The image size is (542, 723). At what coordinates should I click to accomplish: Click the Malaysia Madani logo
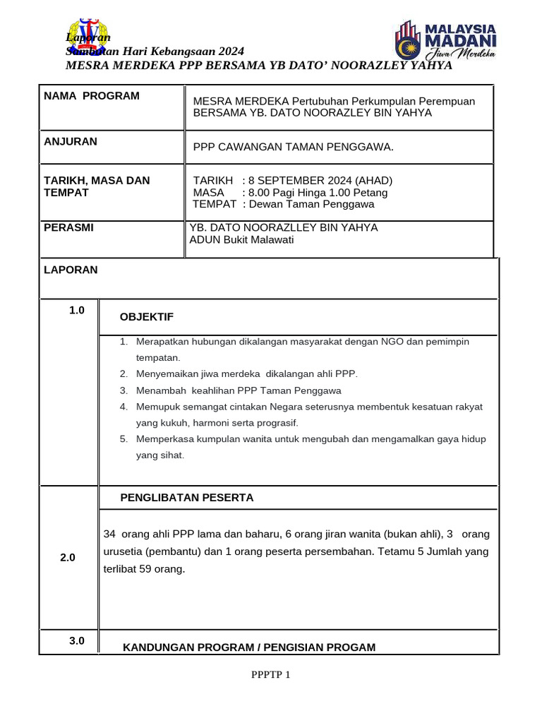tap(445, 41)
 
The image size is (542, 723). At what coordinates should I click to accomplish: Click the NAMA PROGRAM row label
tap(92, 96)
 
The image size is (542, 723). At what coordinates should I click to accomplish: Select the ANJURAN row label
tap(71, 141)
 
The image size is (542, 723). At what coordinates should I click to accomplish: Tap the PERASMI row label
tap(68, 228)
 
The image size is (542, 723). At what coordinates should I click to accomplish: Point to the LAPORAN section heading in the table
tap(71, 270)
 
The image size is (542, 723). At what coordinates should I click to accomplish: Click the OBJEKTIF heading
tap(147, 316)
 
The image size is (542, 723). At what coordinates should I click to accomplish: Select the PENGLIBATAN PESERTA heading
tap(187, 498)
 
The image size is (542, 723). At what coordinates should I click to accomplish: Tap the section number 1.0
tap(77, 310)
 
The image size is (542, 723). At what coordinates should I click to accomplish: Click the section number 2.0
tap(68, 558)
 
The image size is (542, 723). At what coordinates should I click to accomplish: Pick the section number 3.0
tap(77, 641)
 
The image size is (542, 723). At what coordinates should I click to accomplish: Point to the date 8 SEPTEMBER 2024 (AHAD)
tap(317, 181)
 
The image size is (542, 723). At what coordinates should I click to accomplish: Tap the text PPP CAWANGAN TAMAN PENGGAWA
tap(293, 147)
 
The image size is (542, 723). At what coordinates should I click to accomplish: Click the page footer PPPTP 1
tap(271, 675)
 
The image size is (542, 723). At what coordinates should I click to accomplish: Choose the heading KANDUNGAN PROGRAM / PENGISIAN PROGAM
tap(249, 647)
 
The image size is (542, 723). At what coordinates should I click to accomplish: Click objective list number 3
tap(124, 390)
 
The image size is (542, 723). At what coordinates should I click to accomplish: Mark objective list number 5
tap(124, 439)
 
